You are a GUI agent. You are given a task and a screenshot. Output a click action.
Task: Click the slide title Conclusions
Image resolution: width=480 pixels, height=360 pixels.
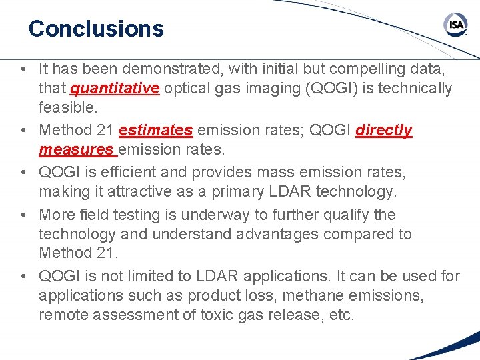(x=96, y=29)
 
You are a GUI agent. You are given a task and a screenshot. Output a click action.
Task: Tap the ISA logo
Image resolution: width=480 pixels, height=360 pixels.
(x=456, y=26)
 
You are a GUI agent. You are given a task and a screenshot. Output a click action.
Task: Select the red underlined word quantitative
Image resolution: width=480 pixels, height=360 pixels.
(x=115, y=88)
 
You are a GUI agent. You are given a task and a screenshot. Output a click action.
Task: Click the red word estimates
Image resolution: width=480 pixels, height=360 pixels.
(x=155, y=130)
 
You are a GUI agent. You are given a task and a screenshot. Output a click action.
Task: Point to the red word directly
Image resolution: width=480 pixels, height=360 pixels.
(x=383, y=130)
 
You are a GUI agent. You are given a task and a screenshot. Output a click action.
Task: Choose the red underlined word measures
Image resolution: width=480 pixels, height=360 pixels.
(x=77, y=149)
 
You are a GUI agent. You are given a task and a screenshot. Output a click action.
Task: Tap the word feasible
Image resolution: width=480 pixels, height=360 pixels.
(x=68, y=107)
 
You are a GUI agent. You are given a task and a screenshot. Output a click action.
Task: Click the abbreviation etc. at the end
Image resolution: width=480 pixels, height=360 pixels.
(x=341, y=314)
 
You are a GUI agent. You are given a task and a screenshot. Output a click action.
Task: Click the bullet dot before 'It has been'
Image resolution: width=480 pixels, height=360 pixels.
(x=23, y=69)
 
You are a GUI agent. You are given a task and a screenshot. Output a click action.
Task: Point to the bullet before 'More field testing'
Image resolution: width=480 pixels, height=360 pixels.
(x=23, y=215)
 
